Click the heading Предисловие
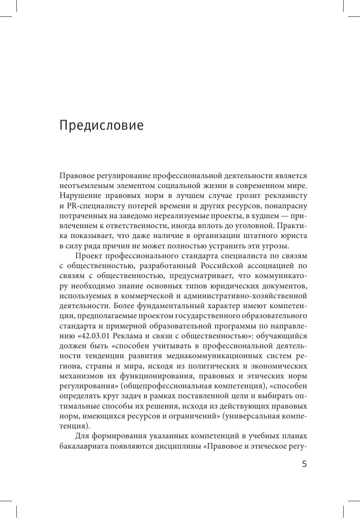[x=101, y=125]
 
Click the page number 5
[x=304, y=464]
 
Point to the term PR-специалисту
[x=92, y=206]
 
